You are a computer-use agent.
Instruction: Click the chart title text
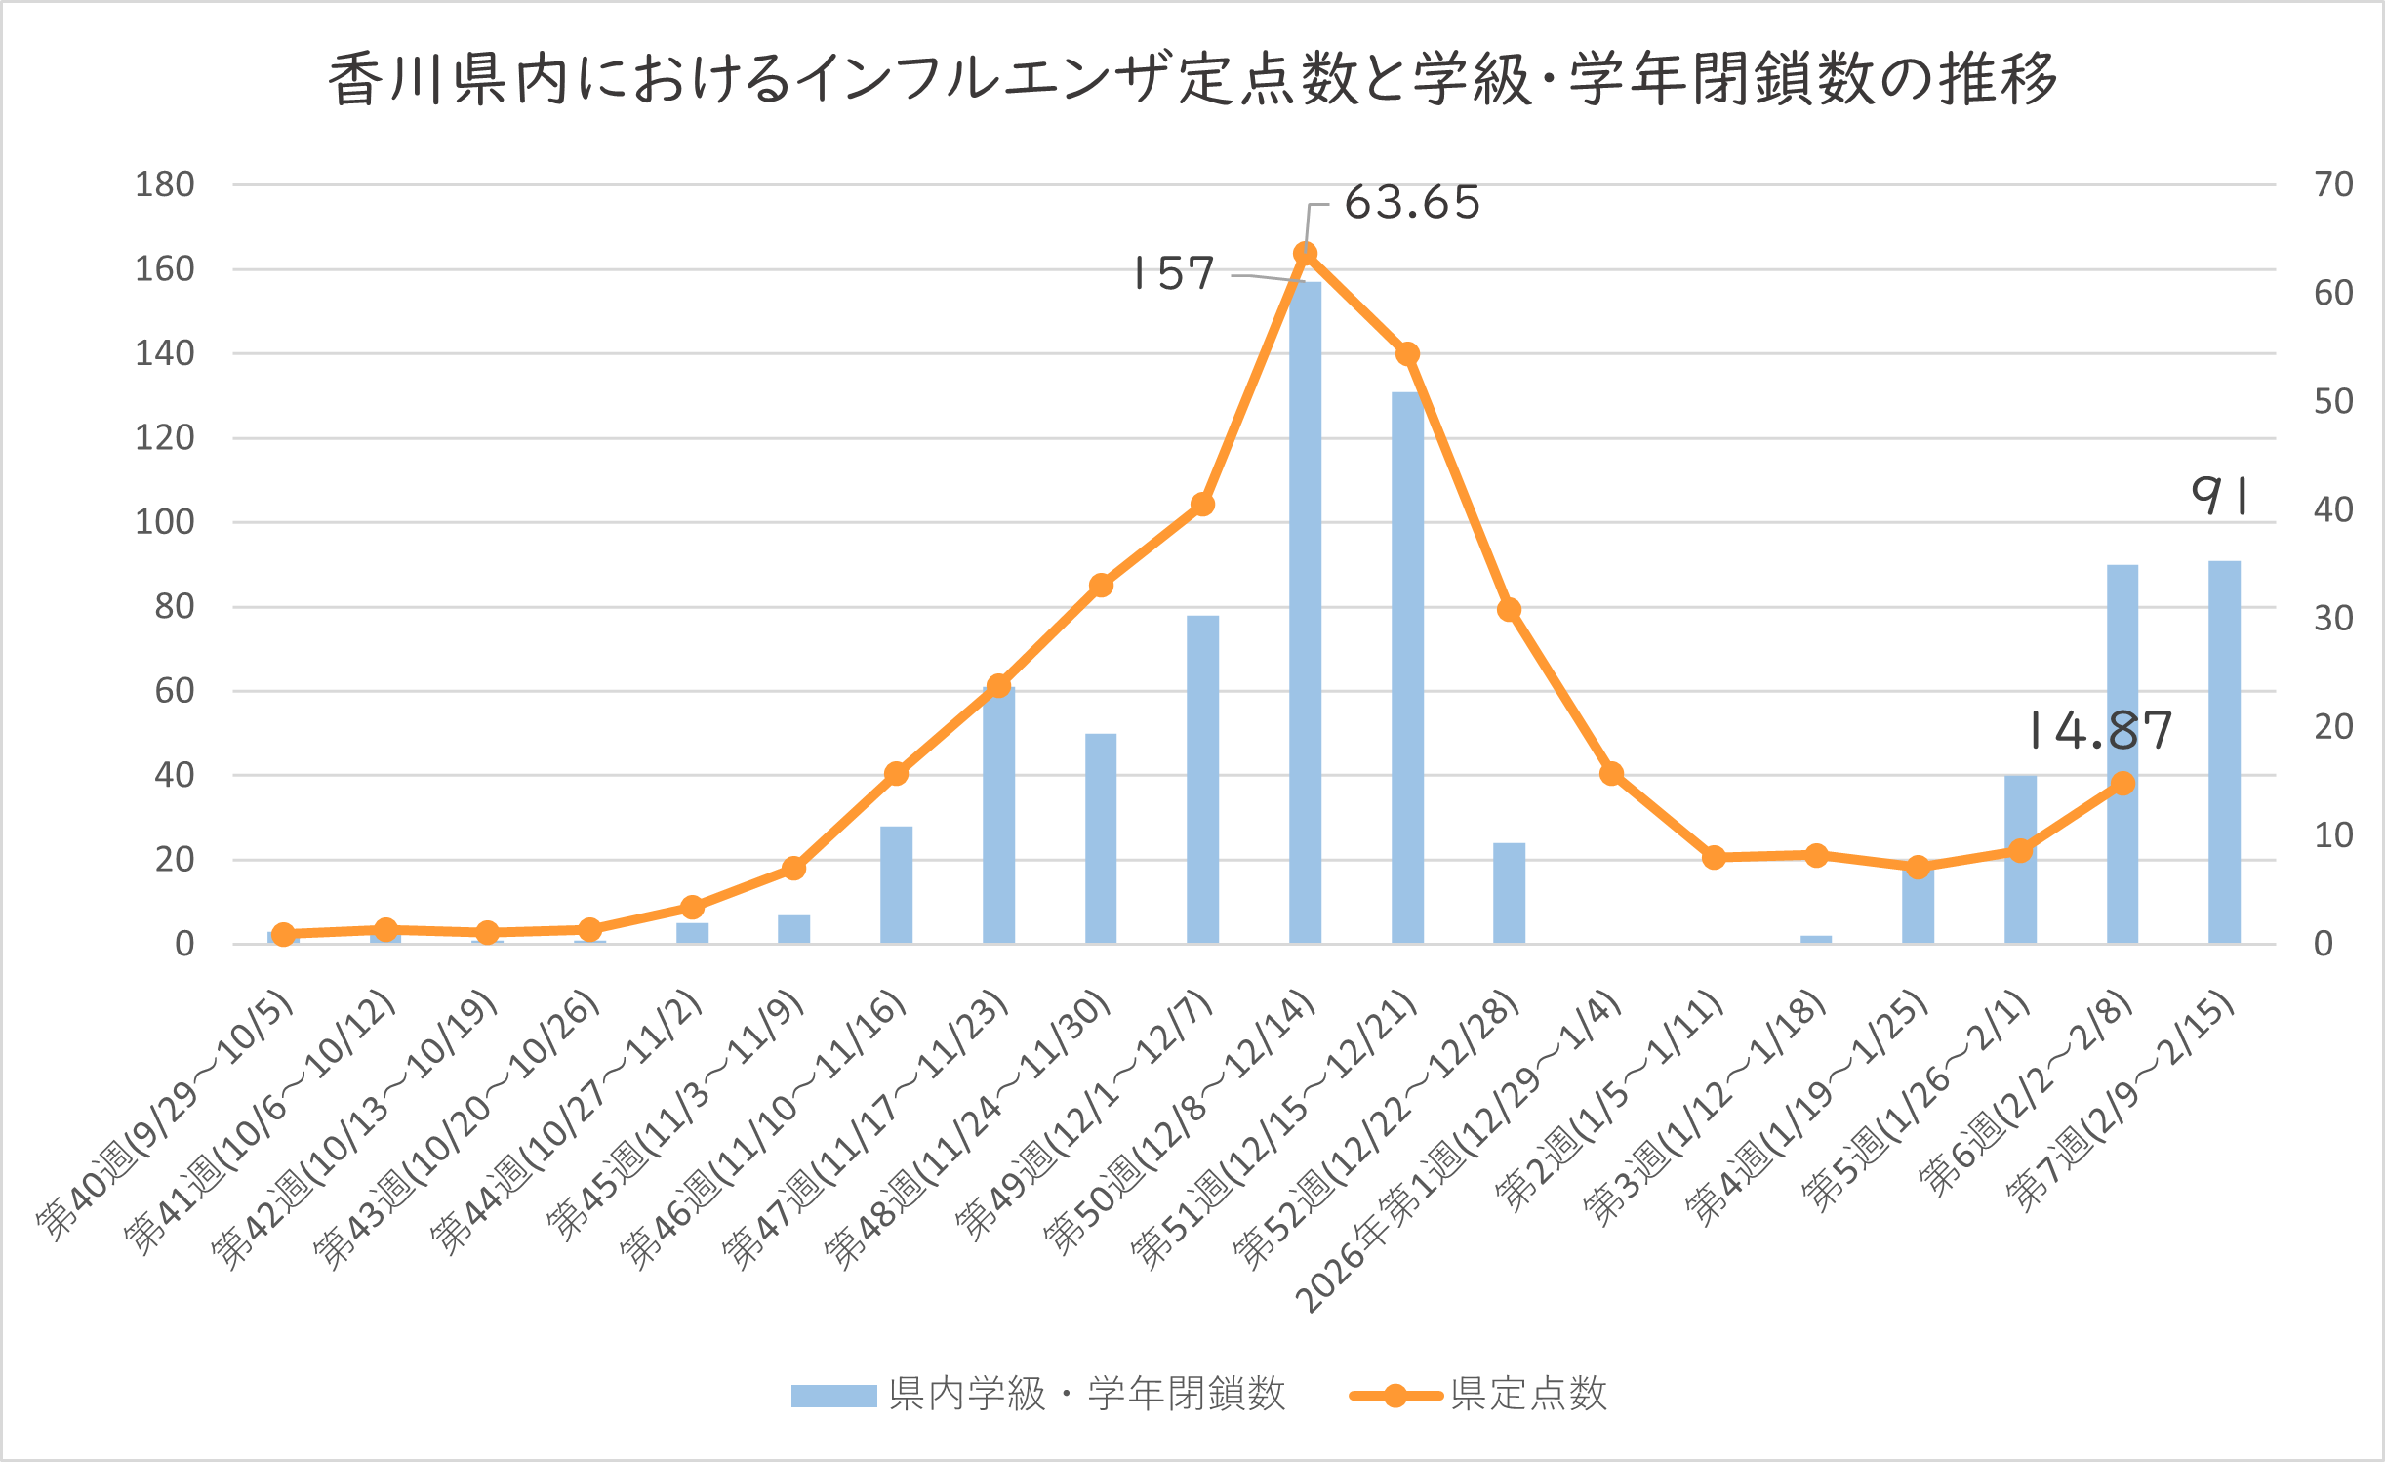click(x=1192, y=78)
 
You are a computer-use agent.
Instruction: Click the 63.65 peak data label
click(x=1412, y=203)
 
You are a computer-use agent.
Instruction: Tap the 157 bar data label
click(x=1174, y=273)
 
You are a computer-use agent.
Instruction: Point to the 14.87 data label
click(x=2101, y=730)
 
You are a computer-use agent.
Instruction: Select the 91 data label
click(x=2221, y=496)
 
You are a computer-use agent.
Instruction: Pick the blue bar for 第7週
click(x=2224, y=751)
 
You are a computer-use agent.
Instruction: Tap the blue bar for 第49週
click(x=1202, y=781)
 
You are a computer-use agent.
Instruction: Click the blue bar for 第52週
click(x=1509, y=893)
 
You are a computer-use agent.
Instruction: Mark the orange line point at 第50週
click(x=1305, y=254)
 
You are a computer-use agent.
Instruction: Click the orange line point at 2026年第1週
click(x=1611, y=774)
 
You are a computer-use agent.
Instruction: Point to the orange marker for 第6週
click(x=2122, y=784)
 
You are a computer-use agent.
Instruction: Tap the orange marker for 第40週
click(x=283, y=934)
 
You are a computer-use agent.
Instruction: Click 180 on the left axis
click(x=165, y=184)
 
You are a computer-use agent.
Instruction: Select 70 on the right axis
click(x=2333, y=184)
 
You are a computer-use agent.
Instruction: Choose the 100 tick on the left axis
click(x=165, y=522)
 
